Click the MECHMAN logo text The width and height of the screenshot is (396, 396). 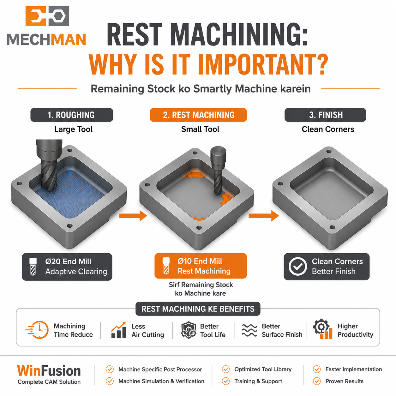pos(46,39)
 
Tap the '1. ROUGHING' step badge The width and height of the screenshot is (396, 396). pos(72,115)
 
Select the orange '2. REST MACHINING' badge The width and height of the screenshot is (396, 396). pos(198,115)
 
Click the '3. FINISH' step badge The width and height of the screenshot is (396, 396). pos(325,115)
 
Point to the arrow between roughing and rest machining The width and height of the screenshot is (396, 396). pos(133,216)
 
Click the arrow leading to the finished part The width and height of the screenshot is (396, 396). pos(264,216)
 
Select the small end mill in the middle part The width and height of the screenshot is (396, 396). pos(218,170)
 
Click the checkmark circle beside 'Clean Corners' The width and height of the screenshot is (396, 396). pos(297,266)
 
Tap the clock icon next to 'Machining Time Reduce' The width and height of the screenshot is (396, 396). pos(38,330)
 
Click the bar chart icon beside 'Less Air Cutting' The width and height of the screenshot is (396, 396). pos(119,330)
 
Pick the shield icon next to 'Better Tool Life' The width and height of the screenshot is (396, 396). pos(189,330)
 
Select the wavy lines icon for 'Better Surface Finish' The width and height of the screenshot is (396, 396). pos(249,330)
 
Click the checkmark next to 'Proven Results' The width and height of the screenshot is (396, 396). pos(317,381)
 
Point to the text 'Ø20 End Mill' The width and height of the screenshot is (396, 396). pos(68,261)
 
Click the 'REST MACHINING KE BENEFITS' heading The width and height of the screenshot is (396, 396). pos(198,309)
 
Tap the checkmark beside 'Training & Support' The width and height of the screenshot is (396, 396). pos(226,381)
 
